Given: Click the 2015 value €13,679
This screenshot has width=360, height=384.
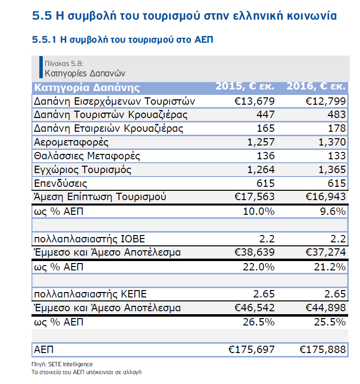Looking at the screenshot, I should click(251, 101).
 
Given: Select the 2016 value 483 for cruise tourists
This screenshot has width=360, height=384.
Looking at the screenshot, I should click(334, 115).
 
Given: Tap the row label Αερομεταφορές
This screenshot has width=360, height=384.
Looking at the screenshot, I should click(71, 143).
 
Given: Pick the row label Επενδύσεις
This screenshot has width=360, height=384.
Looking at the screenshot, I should click(61, 184).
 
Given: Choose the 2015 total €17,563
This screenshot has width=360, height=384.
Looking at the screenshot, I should click(251, 197).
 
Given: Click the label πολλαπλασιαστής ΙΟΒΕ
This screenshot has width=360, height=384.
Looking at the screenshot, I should click(90, 239).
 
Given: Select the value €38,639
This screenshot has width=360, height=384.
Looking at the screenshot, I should click(251, 253).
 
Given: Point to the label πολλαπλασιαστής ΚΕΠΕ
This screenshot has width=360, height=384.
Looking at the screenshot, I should click(90, 295).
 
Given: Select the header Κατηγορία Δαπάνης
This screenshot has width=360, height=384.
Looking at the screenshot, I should click(87, 88).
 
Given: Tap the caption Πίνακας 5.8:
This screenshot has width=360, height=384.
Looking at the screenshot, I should click(63, 64).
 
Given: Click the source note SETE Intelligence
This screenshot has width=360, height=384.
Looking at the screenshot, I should click(70, 364).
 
